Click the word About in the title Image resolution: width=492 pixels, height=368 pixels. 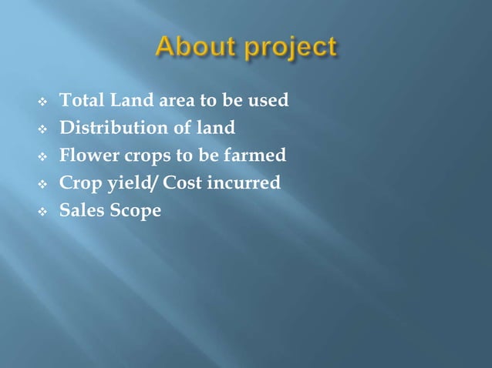(193, 48)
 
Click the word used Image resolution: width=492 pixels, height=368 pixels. (270, 101)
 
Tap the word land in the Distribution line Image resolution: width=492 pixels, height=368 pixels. (218, 128)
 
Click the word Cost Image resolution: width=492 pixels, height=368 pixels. (179, 183)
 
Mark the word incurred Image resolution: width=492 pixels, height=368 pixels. (242, 183)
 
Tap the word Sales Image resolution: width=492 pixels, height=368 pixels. (80, 210)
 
